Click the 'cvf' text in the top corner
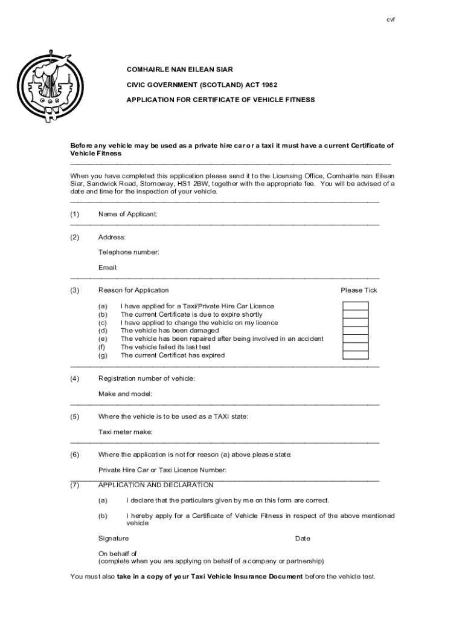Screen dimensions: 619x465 [x=391, y=20]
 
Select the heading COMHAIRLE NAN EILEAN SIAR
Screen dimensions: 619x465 [x=179, y=70]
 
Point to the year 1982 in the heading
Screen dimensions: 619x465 [x=271, y=85]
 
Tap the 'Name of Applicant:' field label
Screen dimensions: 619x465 [x=128, y=214]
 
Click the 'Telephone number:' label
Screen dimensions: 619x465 [x=129, y=252]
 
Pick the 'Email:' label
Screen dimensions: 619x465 [x=108, y=267]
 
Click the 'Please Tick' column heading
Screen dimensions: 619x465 [x=359, y=290]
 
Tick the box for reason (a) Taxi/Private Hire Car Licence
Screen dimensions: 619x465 [x=355, y=306]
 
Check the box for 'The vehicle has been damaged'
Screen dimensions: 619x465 [x=355, y=331]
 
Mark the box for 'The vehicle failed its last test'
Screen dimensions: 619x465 [x=355, y=347]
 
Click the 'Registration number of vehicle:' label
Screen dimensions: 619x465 [x=147, y=378]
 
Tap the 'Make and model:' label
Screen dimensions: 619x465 [x=126, y=394]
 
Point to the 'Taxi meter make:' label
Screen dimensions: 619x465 [x=126, y=432]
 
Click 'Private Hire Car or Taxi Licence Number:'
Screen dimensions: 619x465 [x=162, y=470]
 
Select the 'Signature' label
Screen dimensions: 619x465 [x=114, y=539]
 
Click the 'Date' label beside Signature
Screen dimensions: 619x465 [x=303, y=539]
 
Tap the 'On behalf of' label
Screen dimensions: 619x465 [x=118, y=553]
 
